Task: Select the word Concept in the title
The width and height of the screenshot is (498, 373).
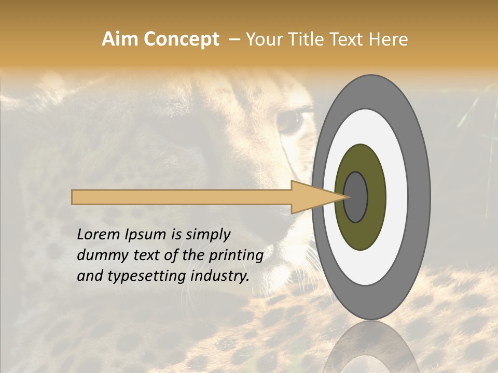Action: click(x=182, y=39)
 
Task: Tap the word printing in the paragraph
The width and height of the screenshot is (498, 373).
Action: click(x=236, y=255)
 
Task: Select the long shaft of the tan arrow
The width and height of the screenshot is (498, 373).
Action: click(x=182, y=197)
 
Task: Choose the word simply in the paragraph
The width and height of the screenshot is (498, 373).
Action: click(x=208, y=235)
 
